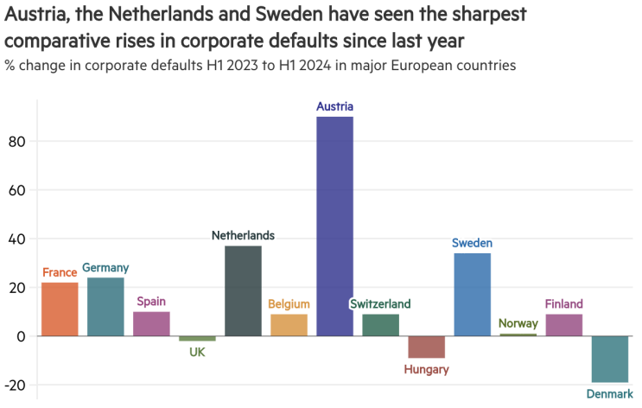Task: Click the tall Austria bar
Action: [x=334, y=226]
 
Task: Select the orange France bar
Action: [x=60, y=309]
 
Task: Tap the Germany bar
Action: [x=105, y=307]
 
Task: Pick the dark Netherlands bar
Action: [x=243, y=290]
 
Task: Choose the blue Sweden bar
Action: [x=472, y=294]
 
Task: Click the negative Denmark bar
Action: [x=609, y=359]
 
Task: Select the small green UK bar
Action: [x=197, y=338]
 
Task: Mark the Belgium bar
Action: [x=289, y=324]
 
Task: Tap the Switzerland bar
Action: [x=380, y=324]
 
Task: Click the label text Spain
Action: [x=151, y=302]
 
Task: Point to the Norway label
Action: [x=518, y=324]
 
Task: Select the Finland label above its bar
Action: [x=563, y=304]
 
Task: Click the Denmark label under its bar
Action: [x=609, y=394]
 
